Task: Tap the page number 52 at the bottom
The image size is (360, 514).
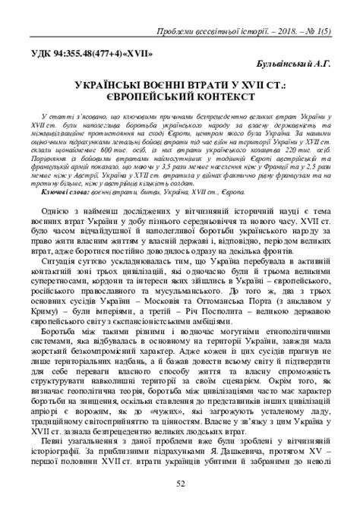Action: tap(180, 484)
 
